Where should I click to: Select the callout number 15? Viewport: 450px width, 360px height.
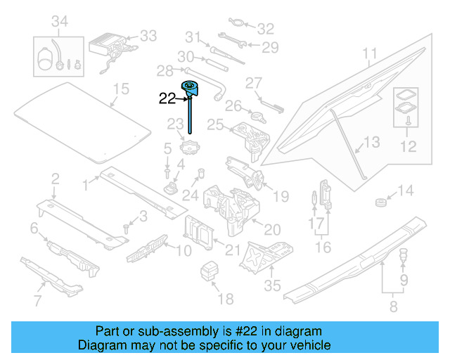point(122,89)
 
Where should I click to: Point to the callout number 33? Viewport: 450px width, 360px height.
point(148,35)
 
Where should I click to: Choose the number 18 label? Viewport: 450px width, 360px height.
point(225,300)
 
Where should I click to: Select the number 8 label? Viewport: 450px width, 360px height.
point(392,306)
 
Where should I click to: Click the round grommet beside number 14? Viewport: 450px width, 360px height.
point(381,203)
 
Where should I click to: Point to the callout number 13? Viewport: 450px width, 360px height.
point(372,143)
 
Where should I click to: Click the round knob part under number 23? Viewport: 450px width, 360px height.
point(191,150)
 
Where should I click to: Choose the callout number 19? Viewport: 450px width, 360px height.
point(280,195)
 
